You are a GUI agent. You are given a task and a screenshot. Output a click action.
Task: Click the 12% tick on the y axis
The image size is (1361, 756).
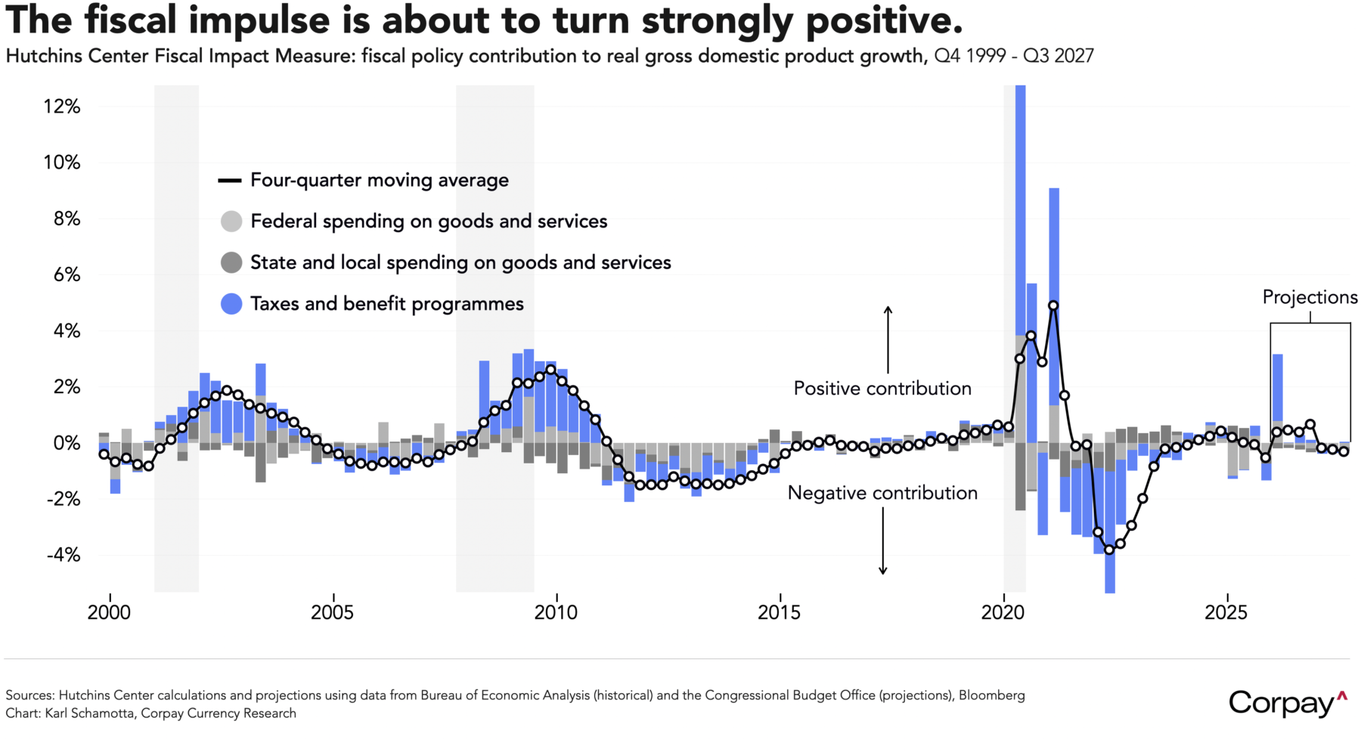click(x=62, y=107)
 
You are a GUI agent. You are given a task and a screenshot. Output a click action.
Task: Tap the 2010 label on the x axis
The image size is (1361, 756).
click(x=556, y=612)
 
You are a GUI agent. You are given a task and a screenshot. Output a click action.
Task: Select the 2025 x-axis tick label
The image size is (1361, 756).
click(x=1226, y=612)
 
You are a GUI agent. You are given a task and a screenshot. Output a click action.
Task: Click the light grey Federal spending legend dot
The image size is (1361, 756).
click(x=231, y=222)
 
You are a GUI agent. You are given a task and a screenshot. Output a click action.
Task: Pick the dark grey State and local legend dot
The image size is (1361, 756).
click(x=231, y=263)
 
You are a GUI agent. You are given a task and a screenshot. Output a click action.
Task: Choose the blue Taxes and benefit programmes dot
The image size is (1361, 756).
click(x=231, y=304)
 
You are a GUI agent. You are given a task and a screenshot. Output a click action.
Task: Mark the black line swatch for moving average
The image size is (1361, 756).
click(x=230, y=181)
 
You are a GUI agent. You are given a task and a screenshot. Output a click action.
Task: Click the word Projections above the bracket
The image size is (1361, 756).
click(x=1310, y=297)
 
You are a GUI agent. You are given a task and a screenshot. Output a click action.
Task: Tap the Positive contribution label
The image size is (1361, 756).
click(x=882, y=389)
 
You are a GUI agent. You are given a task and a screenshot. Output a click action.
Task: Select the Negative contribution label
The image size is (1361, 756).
click(x=882, y=493)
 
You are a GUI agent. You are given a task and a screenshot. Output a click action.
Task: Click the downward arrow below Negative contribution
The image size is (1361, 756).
click(x=882, y=541)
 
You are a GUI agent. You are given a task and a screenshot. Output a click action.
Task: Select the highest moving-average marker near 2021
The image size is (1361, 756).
click(x=1053, y=306)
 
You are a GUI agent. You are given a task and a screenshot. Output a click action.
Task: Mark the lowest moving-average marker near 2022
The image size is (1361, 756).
click(x=1109, y=550)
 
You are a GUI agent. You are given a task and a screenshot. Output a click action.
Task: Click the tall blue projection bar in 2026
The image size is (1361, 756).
click(x=1277, y=387)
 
